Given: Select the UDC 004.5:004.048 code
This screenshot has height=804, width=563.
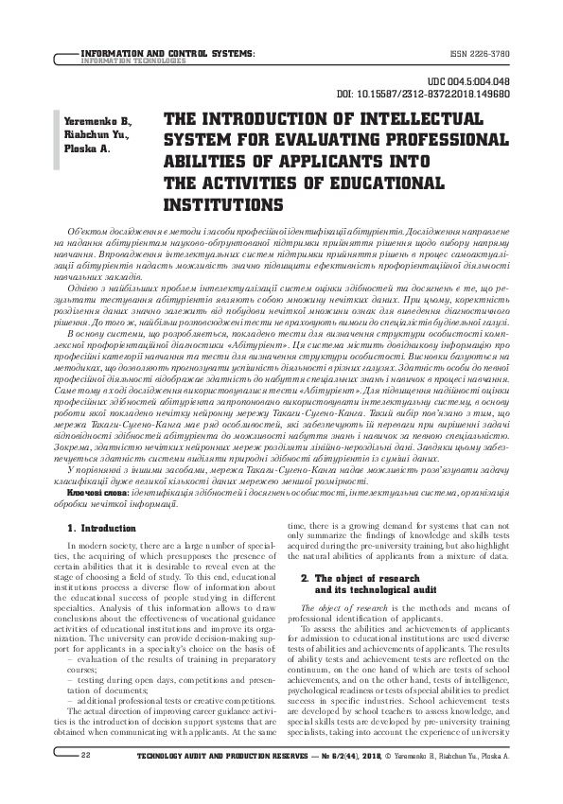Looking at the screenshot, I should point(470,83).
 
